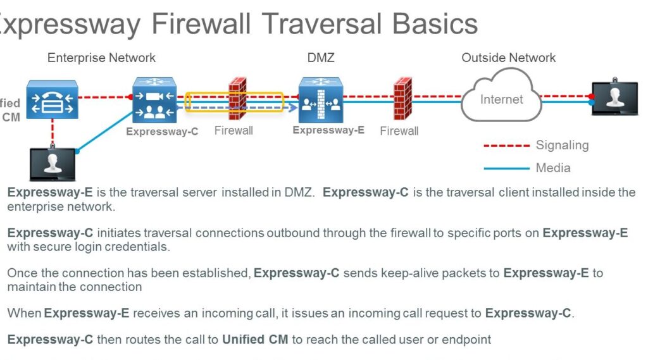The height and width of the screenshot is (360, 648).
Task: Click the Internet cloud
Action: [x=501, y=99]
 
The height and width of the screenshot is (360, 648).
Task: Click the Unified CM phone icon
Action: [x=51, y=99]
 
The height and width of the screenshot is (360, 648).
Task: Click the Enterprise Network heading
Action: [x=101, y=58]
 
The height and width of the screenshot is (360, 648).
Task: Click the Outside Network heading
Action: [x=508, y=58]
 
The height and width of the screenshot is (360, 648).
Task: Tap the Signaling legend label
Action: [x=562, y=146]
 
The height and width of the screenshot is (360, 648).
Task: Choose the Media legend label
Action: [x=553, y=168]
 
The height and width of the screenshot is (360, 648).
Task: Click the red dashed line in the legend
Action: [x=506, y=146]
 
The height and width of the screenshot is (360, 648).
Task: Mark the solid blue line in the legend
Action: [x=506, y=168]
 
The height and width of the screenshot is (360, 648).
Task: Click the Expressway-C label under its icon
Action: [x=162, y=132]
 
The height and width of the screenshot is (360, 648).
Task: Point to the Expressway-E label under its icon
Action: [x=328, y=130]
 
